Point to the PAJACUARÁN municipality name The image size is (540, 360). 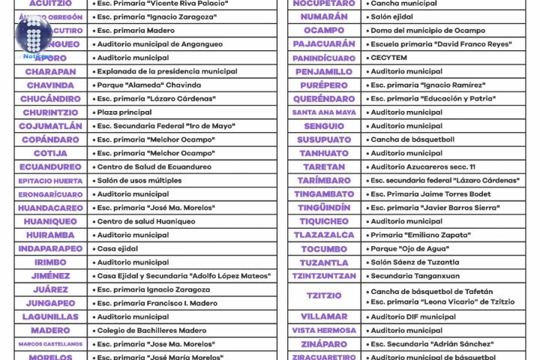[x=324, y=44]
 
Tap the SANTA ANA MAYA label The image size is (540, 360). [x=324, y=112]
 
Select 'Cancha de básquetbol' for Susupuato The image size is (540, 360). [x=412, y=139]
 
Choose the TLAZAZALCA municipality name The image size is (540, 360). [x=324, y=235]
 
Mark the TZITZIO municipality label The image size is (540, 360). [x=324, y=296]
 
